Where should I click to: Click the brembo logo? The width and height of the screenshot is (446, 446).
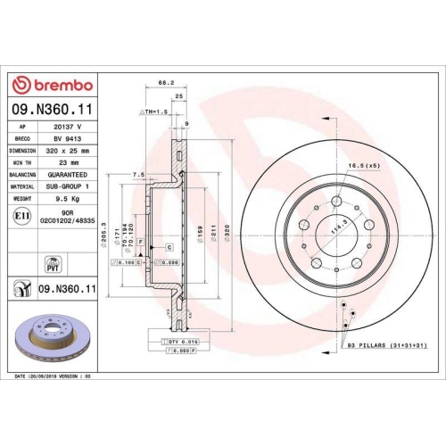[x=52, y=86]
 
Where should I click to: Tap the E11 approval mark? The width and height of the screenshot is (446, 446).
[x=21, y=215]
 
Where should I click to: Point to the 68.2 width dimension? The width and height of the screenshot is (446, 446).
[x=165, y=83]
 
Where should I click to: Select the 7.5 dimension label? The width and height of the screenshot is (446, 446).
[x=138, y=175]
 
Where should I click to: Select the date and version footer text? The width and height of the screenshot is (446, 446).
[x=54, y=377]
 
